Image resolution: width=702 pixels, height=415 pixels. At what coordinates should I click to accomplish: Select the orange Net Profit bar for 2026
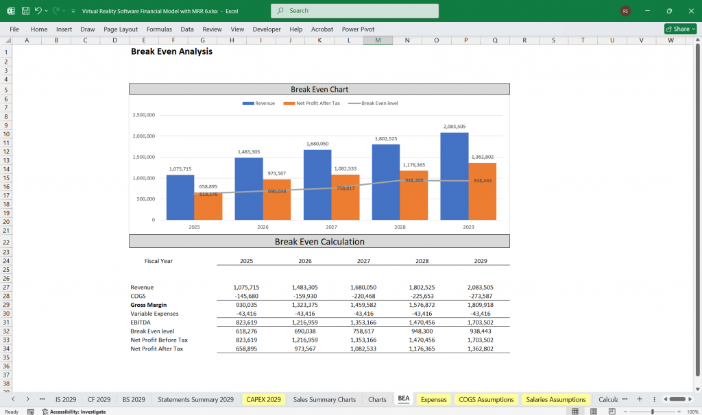(x=277, y=199)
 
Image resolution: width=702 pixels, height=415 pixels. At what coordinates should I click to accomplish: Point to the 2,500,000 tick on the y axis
(x=143, y=115)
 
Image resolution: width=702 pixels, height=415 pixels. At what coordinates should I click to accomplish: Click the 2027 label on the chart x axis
(x=331, y=227)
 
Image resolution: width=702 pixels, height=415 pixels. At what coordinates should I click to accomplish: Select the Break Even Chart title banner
(x=319, y=89)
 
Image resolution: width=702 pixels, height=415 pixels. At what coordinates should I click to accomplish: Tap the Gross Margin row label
(x=148, y=305)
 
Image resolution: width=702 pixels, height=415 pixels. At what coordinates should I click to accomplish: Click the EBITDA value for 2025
(x=245, y=323)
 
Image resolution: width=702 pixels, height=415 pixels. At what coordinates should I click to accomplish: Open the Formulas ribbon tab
(x=159, y=29)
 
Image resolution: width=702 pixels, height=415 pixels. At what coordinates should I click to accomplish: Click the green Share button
(x=680, y=29)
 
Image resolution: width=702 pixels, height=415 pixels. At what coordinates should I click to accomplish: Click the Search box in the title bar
(x=354, y=11)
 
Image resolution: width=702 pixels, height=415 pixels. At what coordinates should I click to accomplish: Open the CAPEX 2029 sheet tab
(x=264, y=399)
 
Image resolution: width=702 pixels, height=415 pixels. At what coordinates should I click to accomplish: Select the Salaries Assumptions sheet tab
(x=556, y=399)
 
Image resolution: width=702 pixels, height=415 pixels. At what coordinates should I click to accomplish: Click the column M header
(x=378, y=40)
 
